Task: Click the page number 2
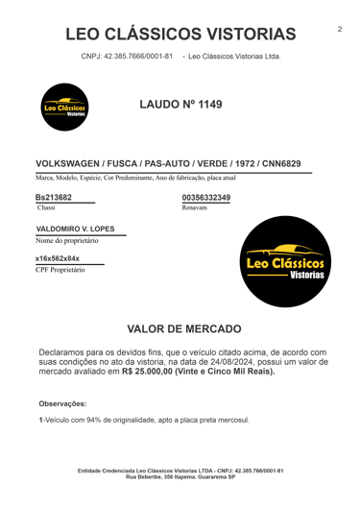click(340, 30)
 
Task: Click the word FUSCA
click(114, 165)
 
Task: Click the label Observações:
click(62, 404)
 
